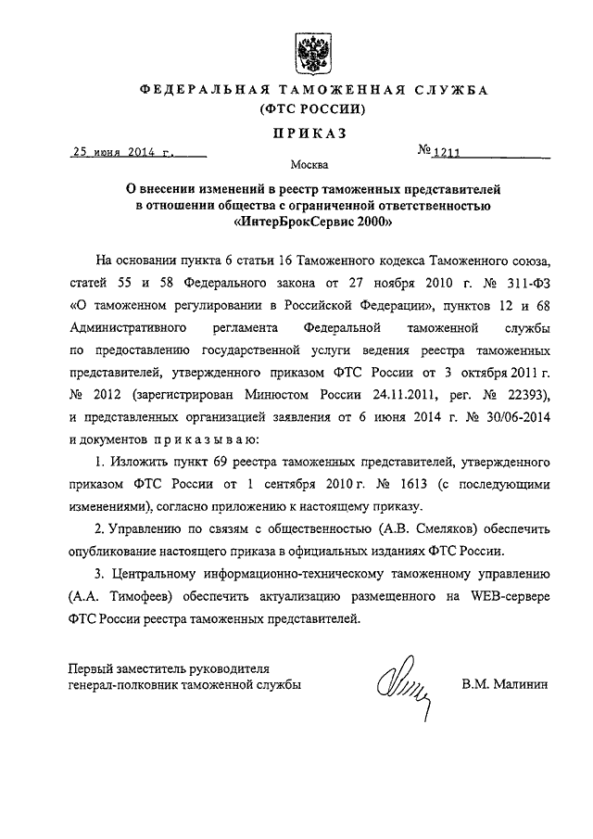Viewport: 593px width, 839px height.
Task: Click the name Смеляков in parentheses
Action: click(x=376, y=528)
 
